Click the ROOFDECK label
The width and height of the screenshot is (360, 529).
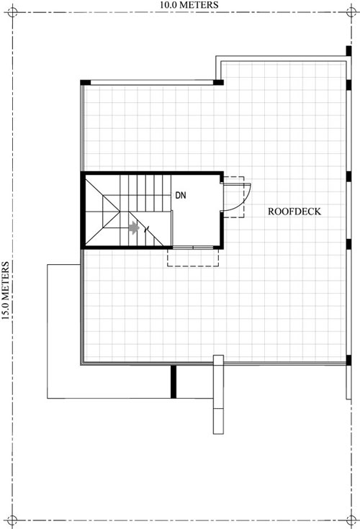coord(294,212)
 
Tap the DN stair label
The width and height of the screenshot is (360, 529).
coord(181,195)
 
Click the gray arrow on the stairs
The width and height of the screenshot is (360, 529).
coord(134,227)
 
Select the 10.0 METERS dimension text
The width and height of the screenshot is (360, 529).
coord(189,5)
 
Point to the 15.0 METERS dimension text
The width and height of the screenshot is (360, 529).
coord(5,291)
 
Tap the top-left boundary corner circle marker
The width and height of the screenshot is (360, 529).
coord(12,12)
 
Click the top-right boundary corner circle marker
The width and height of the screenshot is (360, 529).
coord(351,12)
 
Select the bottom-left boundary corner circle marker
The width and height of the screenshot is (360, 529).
coord(12,520)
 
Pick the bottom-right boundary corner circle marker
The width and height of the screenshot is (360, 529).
coord(351,520)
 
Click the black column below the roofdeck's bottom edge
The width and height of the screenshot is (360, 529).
coord(174,381)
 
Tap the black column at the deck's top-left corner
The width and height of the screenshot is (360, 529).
coord(86,82)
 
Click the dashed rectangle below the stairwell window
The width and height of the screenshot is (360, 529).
coord(193,258)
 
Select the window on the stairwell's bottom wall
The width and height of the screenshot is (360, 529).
coord(193,248)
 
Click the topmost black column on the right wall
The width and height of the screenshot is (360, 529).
coord(348,51)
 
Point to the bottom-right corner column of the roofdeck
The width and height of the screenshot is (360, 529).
coord(348,361)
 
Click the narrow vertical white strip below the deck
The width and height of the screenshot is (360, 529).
coord(218,394)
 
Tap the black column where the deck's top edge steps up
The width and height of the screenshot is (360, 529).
coord(218,82)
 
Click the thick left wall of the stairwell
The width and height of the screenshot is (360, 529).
coord(83,210)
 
